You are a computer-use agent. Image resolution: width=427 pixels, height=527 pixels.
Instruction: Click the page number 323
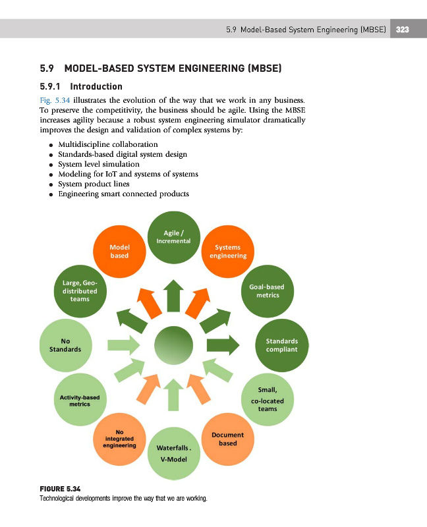click(x=402, y=30)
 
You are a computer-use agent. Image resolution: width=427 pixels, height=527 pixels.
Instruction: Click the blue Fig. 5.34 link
click(x=55, y=100)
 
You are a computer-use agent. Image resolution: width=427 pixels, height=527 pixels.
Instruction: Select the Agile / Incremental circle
click(x=174, y=237)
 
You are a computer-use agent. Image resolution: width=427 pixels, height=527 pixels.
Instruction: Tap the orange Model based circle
click(x=119, y=252)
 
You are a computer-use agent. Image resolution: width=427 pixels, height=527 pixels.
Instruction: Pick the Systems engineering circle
click(x=228, y=252)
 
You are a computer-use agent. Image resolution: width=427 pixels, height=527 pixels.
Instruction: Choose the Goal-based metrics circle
click(x=268, y=291)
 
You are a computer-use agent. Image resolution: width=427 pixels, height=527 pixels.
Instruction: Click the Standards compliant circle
click(x=282, y=345)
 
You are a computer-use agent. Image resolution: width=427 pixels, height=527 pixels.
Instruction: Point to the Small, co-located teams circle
click(x=268, y=400)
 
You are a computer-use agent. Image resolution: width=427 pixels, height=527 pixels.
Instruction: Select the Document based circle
click(x=228, y=439)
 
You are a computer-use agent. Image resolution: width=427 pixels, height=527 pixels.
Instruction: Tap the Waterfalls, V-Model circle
click(x=174, y=453)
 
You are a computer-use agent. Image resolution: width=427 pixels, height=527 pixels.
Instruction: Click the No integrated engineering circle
click(x=119, y=439)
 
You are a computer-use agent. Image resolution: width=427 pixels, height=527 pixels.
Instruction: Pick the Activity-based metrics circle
click(x=80, y=400)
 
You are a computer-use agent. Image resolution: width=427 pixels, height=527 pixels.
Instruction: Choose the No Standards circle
click(x=65, y=345)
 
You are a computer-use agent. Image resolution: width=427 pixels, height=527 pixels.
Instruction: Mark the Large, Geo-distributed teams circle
click(x=80, y=291)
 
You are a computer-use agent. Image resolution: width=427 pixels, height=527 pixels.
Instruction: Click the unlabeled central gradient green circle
click(x=173, y=345)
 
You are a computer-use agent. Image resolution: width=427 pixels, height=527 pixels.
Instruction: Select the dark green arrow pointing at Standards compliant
click(x=223, y=345)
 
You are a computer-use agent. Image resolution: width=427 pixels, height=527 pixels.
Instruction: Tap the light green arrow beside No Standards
click(x=124, y=345)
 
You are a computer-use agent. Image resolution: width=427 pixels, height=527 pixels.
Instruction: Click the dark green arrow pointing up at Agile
click(x=173, y=296)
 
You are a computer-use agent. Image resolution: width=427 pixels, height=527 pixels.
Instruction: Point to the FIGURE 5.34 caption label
click(x=60, y=489)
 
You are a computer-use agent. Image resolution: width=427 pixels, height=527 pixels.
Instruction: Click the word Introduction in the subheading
click(x=96, y=86)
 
